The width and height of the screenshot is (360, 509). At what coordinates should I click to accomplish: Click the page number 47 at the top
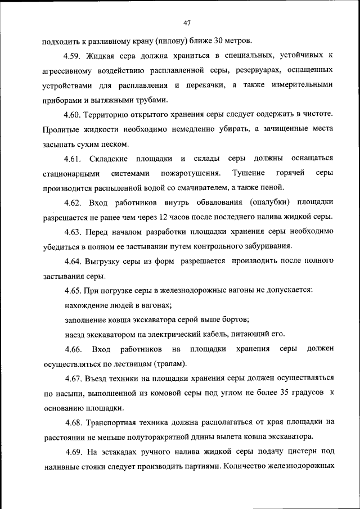188,22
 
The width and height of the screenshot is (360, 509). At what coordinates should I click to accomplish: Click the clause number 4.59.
74,56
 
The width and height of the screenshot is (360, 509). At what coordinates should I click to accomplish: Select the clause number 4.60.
74,115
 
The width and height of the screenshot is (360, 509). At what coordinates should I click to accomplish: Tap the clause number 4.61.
74,158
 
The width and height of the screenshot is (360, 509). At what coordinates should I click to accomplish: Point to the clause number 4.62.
74,202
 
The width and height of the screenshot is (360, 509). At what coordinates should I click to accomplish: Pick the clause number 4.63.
74,231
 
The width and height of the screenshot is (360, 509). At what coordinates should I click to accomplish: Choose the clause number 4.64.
74,261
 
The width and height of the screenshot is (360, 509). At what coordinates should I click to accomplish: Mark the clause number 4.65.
74,290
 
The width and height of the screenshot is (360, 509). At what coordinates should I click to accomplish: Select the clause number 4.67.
74,378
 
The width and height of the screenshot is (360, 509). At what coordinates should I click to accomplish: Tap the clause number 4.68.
74,422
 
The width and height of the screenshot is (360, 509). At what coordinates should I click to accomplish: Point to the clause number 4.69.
74,451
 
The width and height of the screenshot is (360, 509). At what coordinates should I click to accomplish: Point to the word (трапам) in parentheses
165,363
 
